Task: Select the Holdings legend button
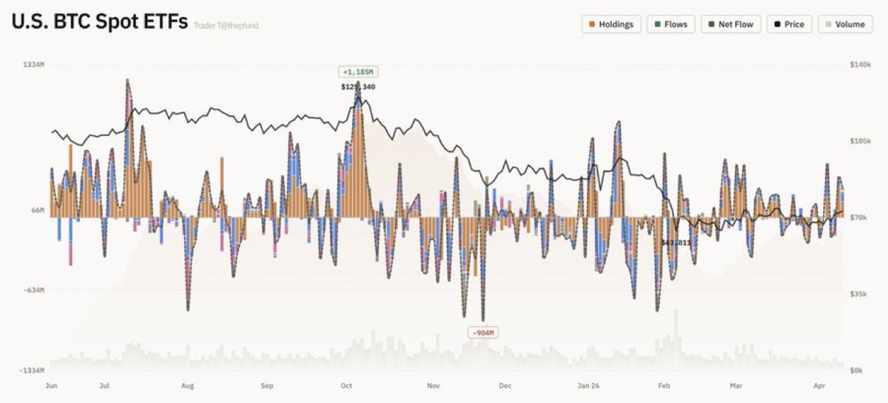(611, 24)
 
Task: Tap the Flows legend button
(670, 24)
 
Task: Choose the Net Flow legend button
(730, 24)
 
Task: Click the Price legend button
(789, 24)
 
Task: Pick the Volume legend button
(844, 24)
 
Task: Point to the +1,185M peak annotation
(358, 72)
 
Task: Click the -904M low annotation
(482, 333)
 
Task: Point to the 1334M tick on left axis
(34, 65)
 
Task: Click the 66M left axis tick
(37, 211)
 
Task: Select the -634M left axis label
(34, 291)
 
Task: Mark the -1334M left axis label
(33, 370)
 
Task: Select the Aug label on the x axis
(187, 385)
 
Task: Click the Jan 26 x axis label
(589, 385)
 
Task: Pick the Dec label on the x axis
(505, 385)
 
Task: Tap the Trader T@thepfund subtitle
(226, 26)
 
